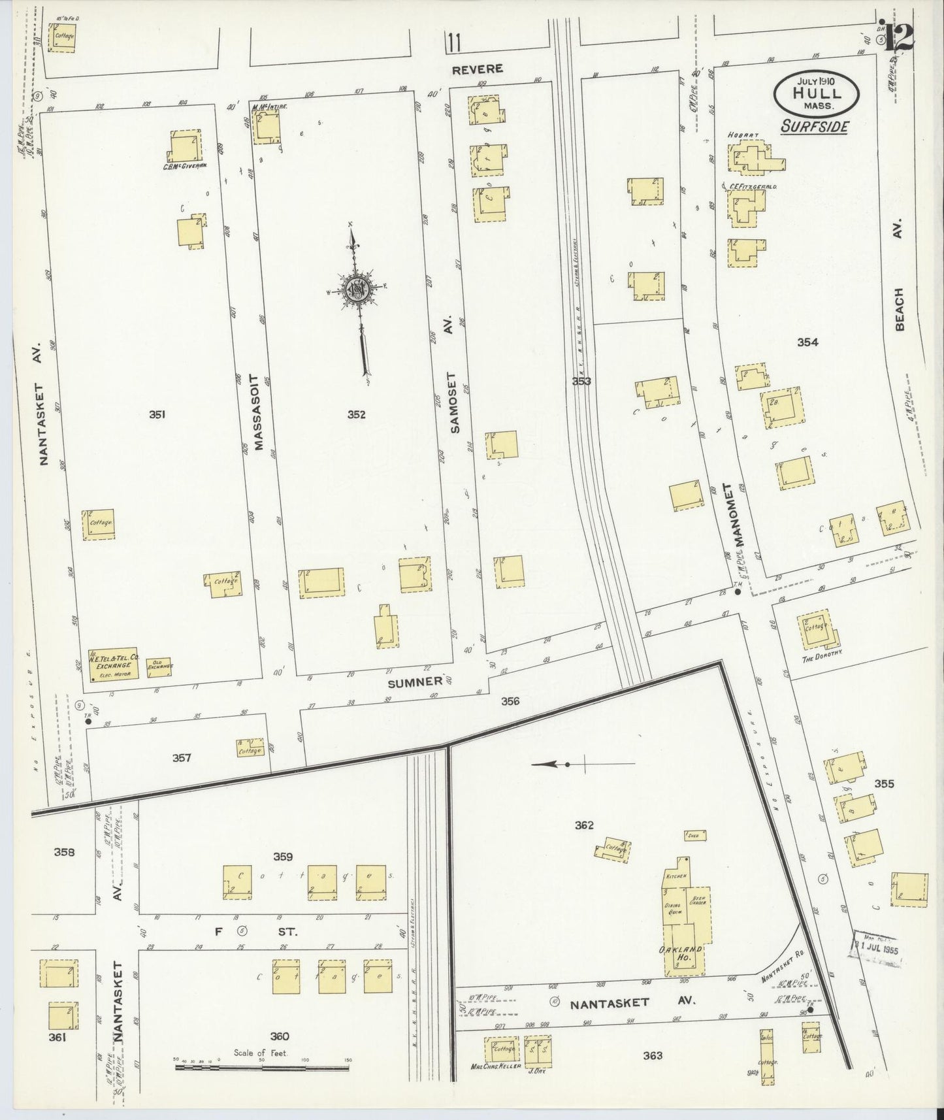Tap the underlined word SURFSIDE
815,127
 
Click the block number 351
157,414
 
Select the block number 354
807,342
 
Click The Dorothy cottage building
815,629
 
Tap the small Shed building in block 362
694,835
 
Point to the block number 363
652,1055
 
